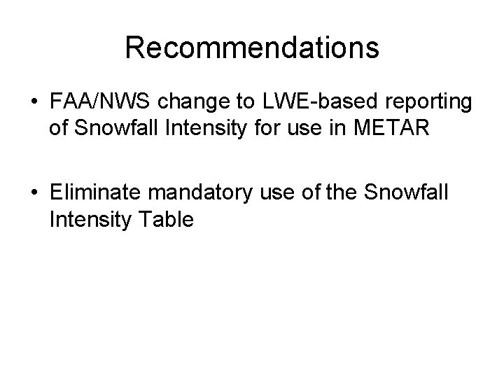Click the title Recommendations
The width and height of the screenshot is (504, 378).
[252, 48]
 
